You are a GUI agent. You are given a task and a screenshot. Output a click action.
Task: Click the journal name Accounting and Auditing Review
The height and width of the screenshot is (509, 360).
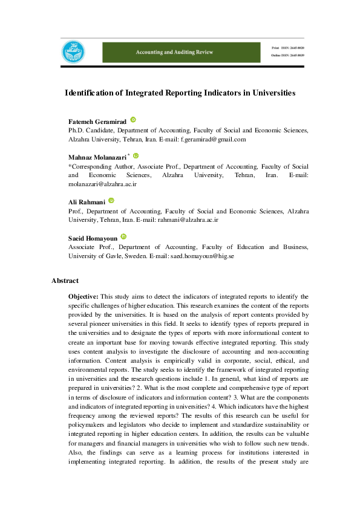(x=174, y=53)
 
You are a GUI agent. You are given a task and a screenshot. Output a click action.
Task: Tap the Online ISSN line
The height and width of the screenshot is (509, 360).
(x=287, y=56)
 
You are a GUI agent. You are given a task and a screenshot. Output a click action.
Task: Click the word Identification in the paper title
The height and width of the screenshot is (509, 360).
(x=90, y=93)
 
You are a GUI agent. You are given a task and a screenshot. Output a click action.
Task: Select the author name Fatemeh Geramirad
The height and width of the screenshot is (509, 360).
(x=97, y=122)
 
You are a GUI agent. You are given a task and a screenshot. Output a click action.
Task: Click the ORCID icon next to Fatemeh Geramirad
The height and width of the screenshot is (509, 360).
(x=133, y=121)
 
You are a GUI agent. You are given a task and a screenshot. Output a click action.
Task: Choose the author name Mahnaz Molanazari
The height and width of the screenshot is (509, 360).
(x=97, y=157)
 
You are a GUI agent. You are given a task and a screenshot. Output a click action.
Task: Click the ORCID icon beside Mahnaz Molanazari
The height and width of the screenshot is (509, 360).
(x=136, y=155)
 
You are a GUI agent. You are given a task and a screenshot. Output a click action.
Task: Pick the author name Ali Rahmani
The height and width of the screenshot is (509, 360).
(x=87, y=202)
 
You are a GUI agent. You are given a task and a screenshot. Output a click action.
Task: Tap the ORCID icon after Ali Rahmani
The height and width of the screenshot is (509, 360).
(x=111, y=200)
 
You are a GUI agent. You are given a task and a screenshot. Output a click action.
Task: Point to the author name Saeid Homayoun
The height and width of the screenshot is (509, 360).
(x=93, y=238)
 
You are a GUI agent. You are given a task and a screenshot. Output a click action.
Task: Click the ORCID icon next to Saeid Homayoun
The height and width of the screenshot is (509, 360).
(x=123, y=236)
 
